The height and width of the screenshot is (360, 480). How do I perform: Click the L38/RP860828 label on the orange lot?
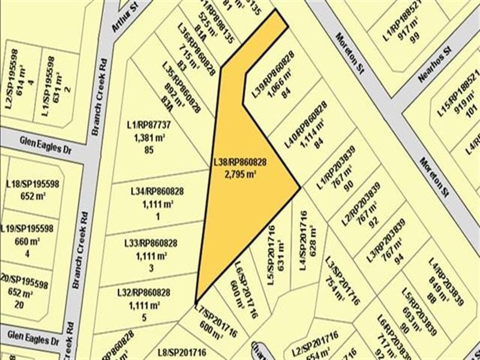pyautogui.click(x=239, y=162)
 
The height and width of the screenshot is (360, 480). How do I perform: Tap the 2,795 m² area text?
pyautogui.click(x=239, y=174)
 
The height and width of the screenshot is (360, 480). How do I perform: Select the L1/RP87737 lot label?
pyautogui.click(x=149, y=125)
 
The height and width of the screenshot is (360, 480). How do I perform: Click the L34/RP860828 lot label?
pyautogui.click(x=157, y=192)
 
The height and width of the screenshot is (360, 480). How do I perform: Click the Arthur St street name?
pyautogui.click(x=122, y=17)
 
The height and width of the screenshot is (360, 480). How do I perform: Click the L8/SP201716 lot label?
pyautogui.click(x=181, y=352)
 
